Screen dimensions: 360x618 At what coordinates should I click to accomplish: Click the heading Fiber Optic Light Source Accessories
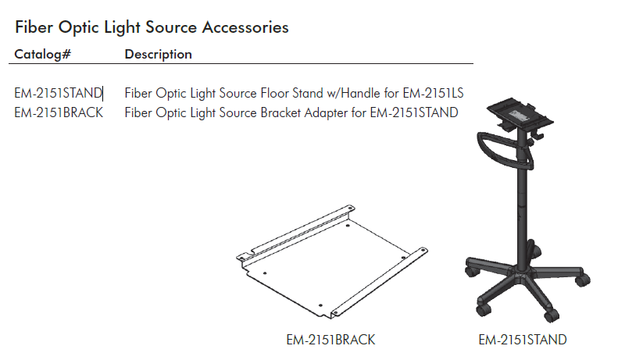coord(152,27)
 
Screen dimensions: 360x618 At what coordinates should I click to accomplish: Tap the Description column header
coord(158,55)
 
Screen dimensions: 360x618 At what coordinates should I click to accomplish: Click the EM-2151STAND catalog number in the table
coord(59,94)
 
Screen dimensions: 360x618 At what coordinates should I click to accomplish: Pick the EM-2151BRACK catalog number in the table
coord(59,112)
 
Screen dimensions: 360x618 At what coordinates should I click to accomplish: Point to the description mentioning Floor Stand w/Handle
coord(294,94)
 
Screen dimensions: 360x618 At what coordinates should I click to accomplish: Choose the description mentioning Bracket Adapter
coord(291,112)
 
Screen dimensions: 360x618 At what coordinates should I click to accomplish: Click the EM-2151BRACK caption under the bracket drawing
coord(330,340)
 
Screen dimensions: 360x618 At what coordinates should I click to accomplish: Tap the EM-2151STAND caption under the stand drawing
coord(522,340)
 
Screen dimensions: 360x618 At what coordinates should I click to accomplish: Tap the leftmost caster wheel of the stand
coord(472,272)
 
